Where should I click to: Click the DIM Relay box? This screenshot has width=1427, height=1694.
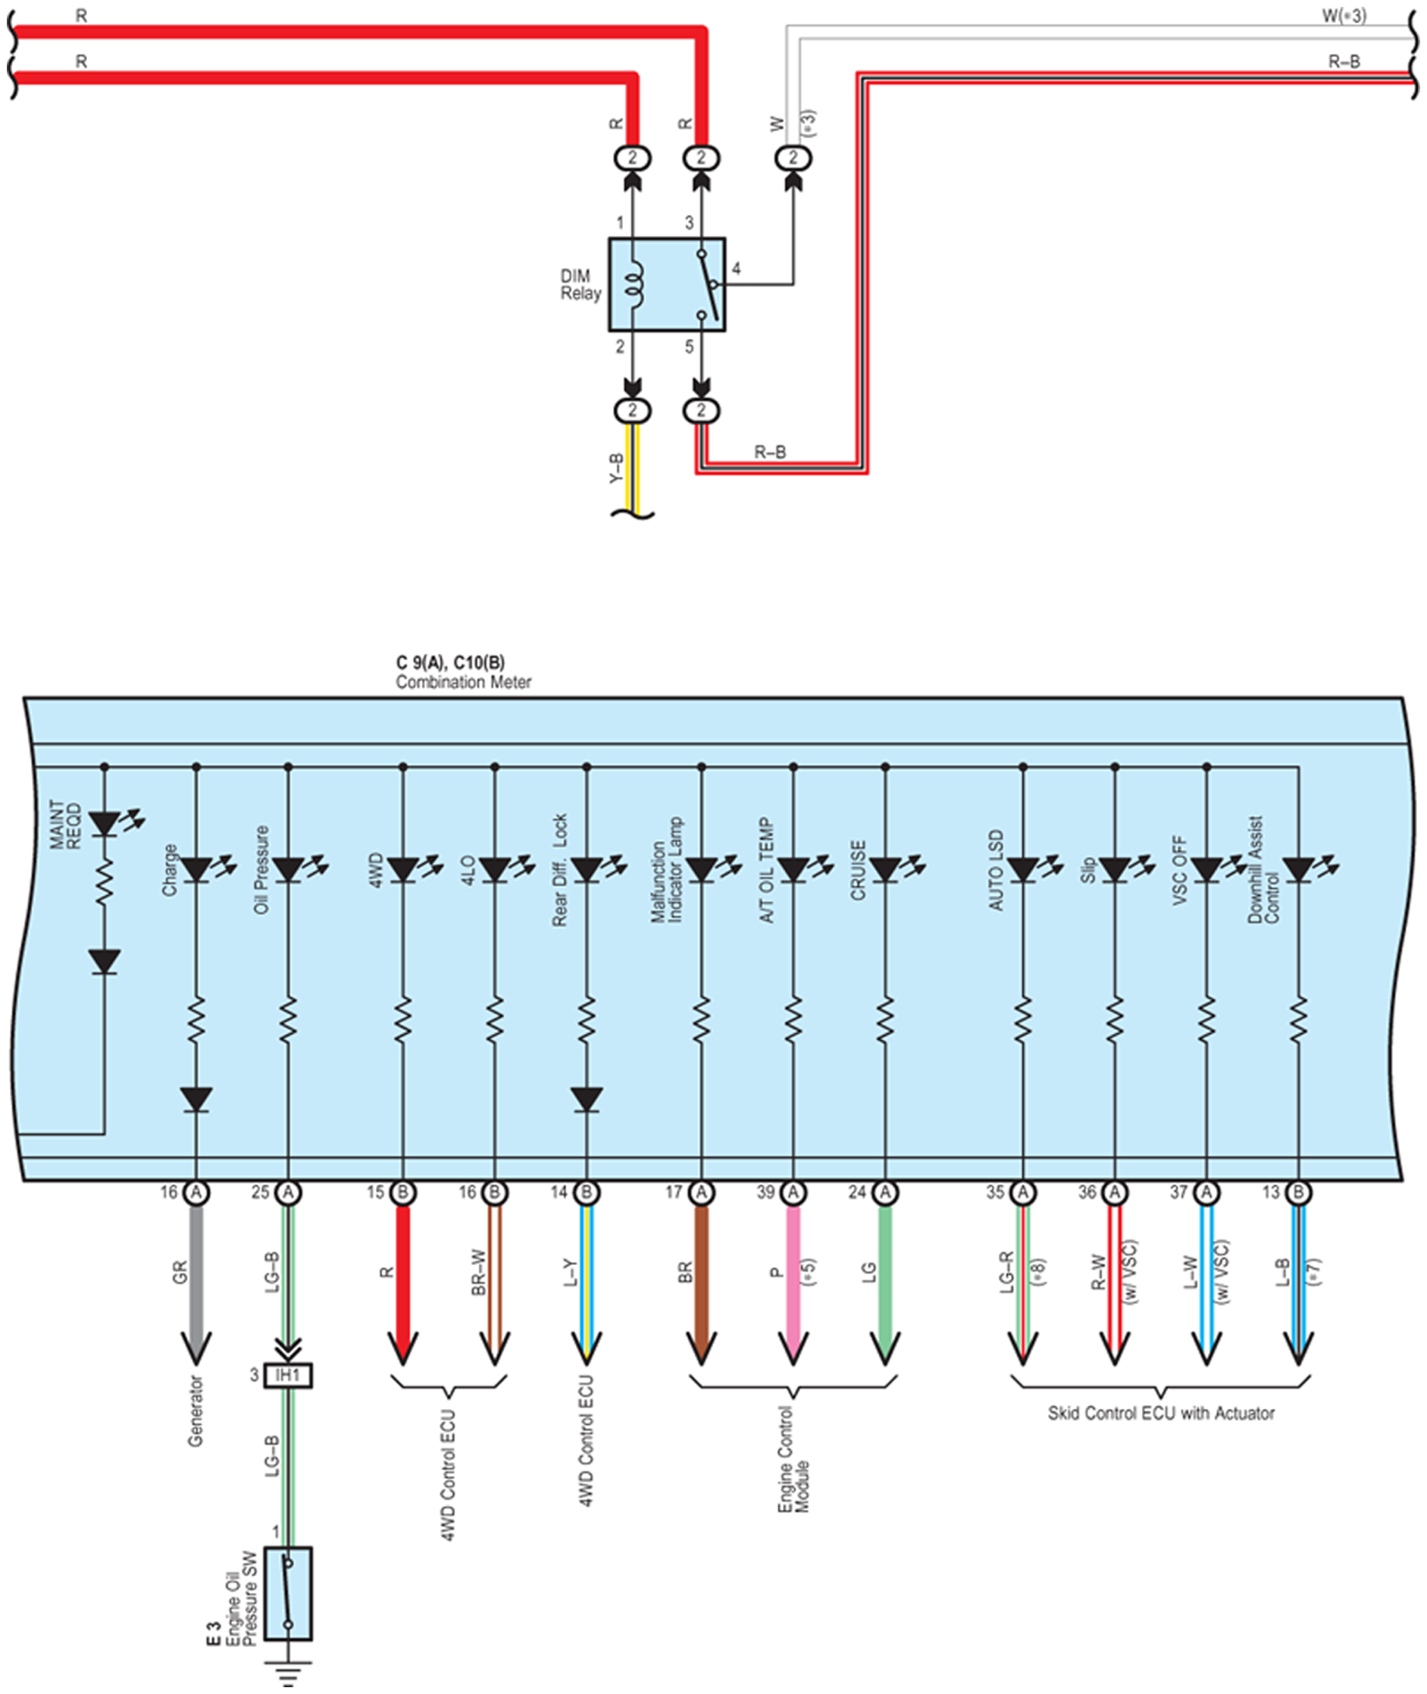(x=667, y=284)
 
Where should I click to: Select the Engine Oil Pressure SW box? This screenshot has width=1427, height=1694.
(x=288, y=1594)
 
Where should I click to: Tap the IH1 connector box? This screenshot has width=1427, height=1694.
(x=288, y=1375)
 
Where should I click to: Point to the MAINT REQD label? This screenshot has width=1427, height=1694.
(x=65, y=825)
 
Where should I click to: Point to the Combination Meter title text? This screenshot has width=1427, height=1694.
(x=464, y=682)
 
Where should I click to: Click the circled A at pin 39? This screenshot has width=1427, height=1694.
(x=793, y=1191)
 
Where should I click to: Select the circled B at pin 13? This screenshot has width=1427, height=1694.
(x=1298, y=1191)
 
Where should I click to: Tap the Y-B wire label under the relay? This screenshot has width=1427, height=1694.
(x=616, y=468)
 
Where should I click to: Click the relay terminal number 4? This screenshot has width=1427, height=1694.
(x=736, y=268)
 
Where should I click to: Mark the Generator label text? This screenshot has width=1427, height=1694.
(x=195, y=1411)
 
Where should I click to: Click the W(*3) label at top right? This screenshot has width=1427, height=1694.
(x=1344, y=15)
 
